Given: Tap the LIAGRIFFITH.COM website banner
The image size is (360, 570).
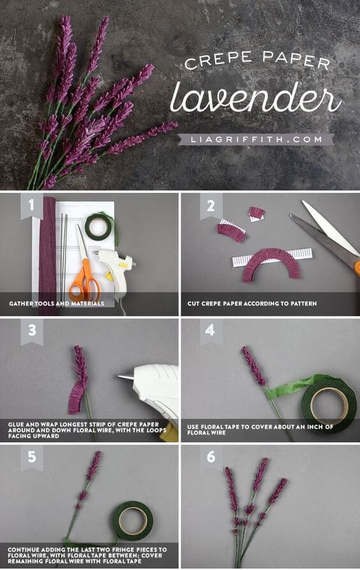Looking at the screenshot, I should (x=255, y=139).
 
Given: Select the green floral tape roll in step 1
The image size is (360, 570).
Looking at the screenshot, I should (x=98, y=227).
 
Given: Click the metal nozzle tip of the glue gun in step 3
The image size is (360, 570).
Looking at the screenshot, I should (x=125, y=378).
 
